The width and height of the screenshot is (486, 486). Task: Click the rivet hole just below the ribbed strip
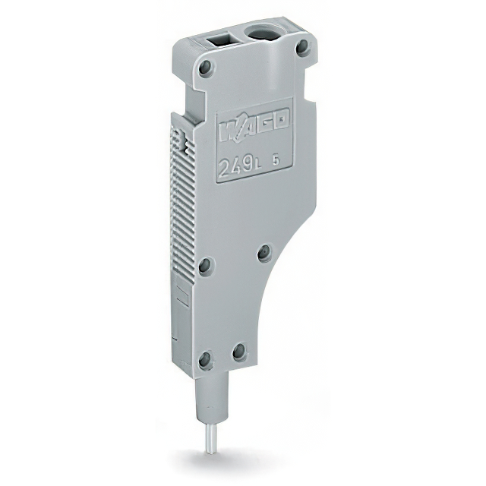coord(204,265)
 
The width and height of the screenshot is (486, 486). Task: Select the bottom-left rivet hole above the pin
coord(204,357)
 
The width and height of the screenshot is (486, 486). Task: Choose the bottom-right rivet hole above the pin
coord(238,350)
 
